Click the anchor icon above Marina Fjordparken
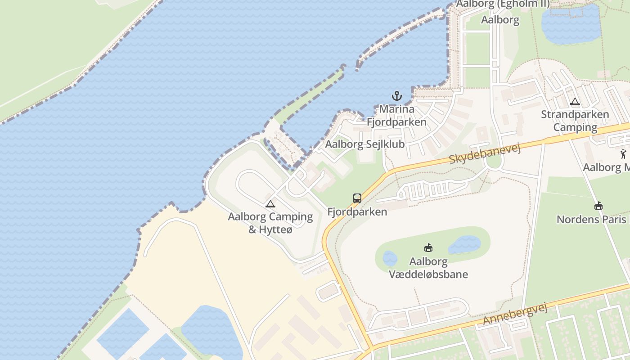tap(396, 96)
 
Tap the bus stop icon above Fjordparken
tap(357, 198)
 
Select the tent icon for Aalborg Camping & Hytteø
tap(270, 204)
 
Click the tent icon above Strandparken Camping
tap(575, 102)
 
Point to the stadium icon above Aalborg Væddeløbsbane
tap(428, 247)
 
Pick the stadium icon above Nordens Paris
tap(598, 206)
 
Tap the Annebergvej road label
tap(515, 314)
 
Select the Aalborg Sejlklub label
tap(364, 144)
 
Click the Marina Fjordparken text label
tap(396, 116)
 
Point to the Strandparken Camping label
tap(575, 121)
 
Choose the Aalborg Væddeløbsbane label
tap(428, 268)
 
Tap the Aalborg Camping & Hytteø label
tap(270, 223)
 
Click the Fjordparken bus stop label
tap(357, 211)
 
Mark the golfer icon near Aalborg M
tap(623, 154)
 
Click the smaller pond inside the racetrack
tap(390, 259)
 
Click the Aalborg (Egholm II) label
tap(503, 4)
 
